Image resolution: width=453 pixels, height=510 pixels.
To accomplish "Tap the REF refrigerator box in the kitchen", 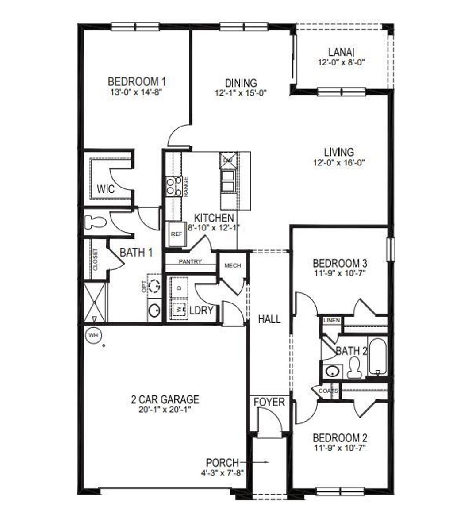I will [176, 234].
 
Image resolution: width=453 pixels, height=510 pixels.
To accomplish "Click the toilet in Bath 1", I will [94, 222].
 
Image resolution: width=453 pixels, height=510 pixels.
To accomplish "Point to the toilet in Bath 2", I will [354, 368].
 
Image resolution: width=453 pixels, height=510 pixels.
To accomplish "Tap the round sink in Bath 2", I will [332, 371].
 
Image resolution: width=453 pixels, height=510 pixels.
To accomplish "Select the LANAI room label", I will [340, 52].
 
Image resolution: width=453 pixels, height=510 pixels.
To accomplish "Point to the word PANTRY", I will [190, 261].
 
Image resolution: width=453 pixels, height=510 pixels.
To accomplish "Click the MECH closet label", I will [233, 265].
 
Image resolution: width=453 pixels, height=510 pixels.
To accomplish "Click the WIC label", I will [106, 190].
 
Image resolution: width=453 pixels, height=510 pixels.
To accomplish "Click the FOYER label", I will [269, 402].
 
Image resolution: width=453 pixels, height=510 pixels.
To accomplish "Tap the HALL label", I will [269, 319].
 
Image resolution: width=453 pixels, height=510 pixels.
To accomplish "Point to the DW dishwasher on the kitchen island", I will [228, 160].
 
